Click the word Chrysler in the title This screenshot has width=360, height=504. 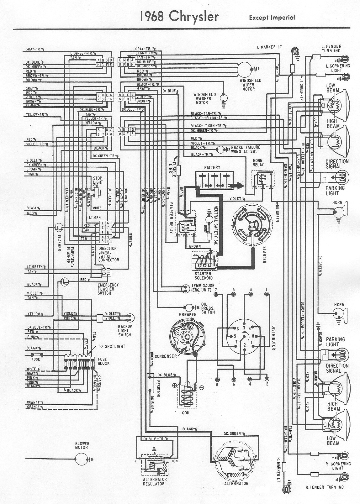click(x=193, y=17)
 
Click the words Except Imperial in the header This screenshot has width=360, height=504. click(x=272, y=18)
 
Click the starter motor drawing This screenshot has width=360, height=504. click(x=251, y=224)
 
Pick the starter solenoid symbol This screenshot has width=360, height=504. click(x=205, y=261)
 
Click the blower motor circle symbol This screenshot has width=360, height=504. click(x=82, y=459)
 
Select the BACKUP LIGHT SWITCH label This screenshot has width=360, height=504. click(x=124, y=330)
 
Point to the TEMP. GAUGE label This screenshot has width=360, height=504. click(x=203, y=288)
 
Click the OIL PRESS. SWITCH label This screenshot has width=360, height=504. click(x=208, y=308)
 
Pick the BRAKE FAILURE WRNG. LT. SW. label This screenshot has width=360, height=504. click(x=246, y=149)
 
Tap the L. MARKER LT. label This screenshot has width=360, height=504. click(x=269, y=47)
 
